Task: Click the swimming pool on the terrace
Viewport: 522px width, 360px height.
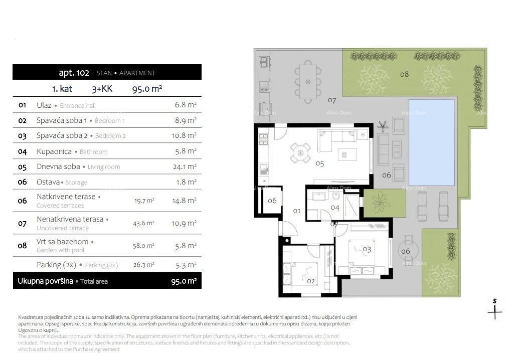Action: coord(431,142)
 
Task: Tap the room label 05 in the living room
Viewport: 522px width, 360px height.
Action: coord(319,163)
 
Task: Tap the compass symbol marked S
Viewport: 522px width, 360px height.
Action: coord(494,309)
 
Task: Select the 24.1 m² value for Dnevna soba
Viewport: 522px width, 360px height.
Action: coord(186,167)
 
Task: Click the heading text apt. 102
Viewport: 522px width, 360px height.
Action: coord(74,73)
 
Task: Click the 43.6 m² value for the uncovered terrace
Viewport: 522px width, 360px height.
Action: coord(143,223)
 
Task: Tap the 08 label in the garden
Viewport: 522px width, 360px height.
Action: coord(404,74)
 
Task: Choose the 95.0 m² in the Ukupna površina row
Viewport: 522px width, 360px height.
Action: coord(184,281)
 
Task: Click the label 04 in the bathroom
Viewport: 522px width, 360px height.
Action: coord(335,208)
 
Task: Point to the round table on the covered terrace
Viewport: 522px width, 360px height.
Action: coord(405,251)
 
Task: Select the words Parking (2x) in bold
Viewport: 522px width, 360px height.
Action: coord(56,265)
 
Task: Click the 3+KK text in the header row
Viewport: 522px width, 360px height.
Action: coord(102,89)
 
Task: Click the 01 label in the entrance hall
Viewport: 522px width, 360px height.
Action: coord(296,211)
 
